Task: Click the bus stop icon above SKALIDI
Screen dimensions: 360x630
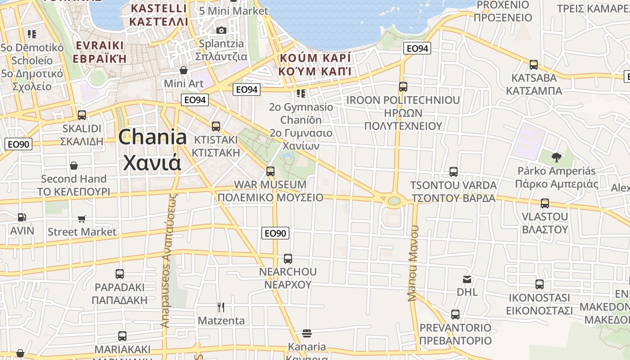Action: click(82, 115)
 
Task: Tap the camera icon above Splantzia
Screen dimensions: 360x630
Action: click(221, 30)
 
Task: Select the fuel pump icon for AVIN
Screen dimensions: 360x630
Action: click(22, 217)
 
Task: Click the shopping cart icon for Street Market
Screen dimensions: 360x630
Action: click(82, 219)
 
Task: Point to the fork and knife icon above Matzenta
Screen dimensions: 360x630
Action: click(221, 307)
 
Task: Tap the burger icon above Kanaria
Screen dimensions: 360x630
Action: click(307, 333)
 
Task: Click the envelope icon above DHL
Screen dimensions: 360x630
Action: click(467, 279)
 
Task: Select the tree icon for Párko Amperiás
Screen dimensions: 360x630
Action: click(557, 157)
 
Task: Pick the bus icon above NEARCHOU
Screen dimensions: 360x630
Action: click(288, 259)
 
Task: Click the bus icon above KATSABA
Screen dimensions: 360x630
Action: click(534, 64)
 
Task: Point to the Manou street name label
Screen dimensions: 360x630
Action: click(413, 263)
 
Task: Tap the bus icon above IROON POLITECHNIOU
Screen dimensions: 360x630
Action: click(403, 87)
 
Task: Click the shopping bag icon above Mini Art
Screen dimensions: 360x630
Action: click(184, 70)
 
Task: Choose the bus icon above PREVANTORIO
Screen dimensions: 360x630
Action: click(455, 314)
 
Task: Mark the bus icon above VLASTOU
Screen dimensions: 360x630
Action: click(545, 203)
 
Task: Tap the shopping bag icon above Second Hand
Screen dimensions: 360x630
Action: click(74, 166)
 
